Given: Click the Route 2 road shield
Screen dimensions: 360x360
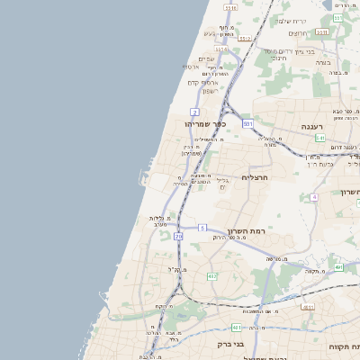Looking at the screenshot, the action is click(194, 112).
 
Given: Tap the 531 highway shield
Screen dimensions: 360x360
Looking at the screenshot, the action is click(246, 122).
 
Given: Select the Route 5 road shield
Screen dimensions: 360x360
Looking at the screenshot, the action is click(203, 228).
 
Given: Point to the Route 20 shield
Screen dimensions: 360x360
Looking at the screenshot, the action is click(178, 236).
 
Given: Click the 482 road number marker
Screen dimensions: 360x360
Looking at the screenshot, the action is click(211, 276).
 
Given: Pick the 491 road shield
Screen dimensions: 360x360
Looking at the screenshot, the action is click(339, 267).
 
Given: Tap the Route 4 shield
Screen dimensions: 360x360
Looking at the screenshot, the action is click(314, 196).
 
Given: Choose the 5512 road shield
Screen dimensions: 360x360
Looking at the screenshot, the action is click(220, 49).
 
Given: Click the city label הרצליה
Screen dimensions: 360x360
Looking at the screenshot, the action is click(256, 177).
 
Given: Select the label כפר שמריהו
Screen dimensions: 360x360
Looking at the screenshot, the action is click(204, 123).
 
